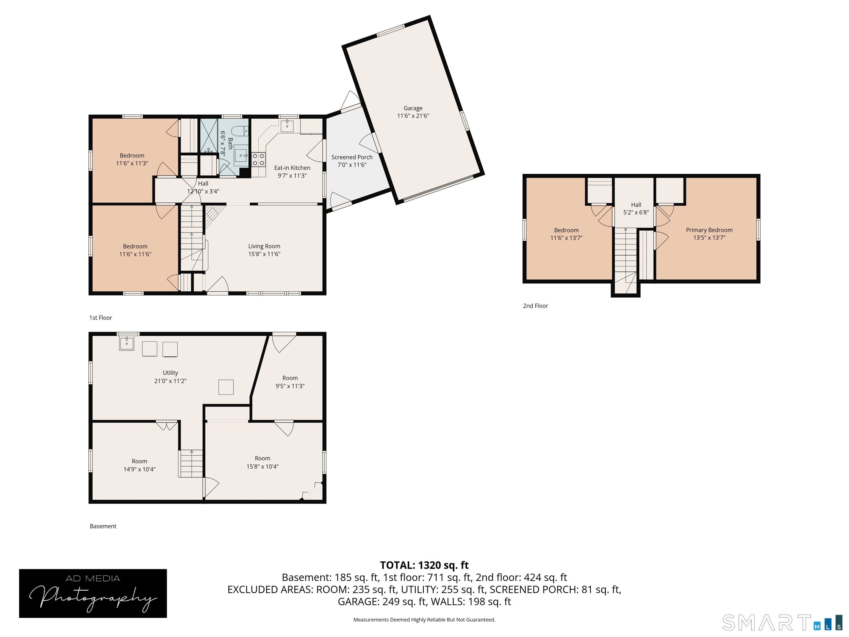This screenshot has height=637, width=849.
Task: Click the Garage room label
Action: [x=413, y=108]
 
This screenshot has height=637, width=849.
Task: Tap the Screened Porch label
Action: [x=352, y=157]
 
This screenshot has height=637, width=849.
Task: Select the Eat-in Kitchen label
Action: [x=292, y=168]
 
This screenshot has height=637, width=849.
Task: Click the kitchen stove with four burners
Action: [x=259, y=159]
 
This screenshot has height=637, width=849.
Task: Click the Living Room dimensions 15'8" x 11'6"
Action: [x=264, y=254]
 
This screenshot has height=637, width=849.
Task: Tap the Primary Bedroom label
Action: [x=709, y=230]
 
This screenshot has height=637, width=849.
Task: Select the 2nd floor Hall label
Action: [x=636, y=205]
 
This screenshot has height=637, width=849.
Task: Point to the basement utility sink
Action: [x=127, y=343]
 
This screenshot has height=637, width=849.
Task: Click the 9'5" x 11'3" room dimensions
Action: [x=290, y=386]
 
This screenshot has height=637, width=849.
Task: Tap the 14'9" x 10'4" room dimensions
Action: [x=139, y=469]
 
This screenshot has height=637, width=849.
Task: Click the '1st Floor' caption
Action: [x=101, y=318]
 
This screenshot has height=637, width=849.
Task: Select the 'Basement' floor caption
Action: [x=103, y=526]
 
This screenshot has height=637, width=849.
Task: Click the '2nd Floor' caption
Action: [x=535, y=306]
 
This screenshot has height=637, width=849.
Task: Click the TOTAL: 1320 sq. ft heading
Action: [x=424, y=565]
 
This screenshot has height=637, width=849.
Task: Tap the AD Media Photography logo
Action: [x=93, y=593]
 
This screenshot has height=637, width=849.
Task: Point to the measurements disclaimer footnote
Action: [x=424, y=619]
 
